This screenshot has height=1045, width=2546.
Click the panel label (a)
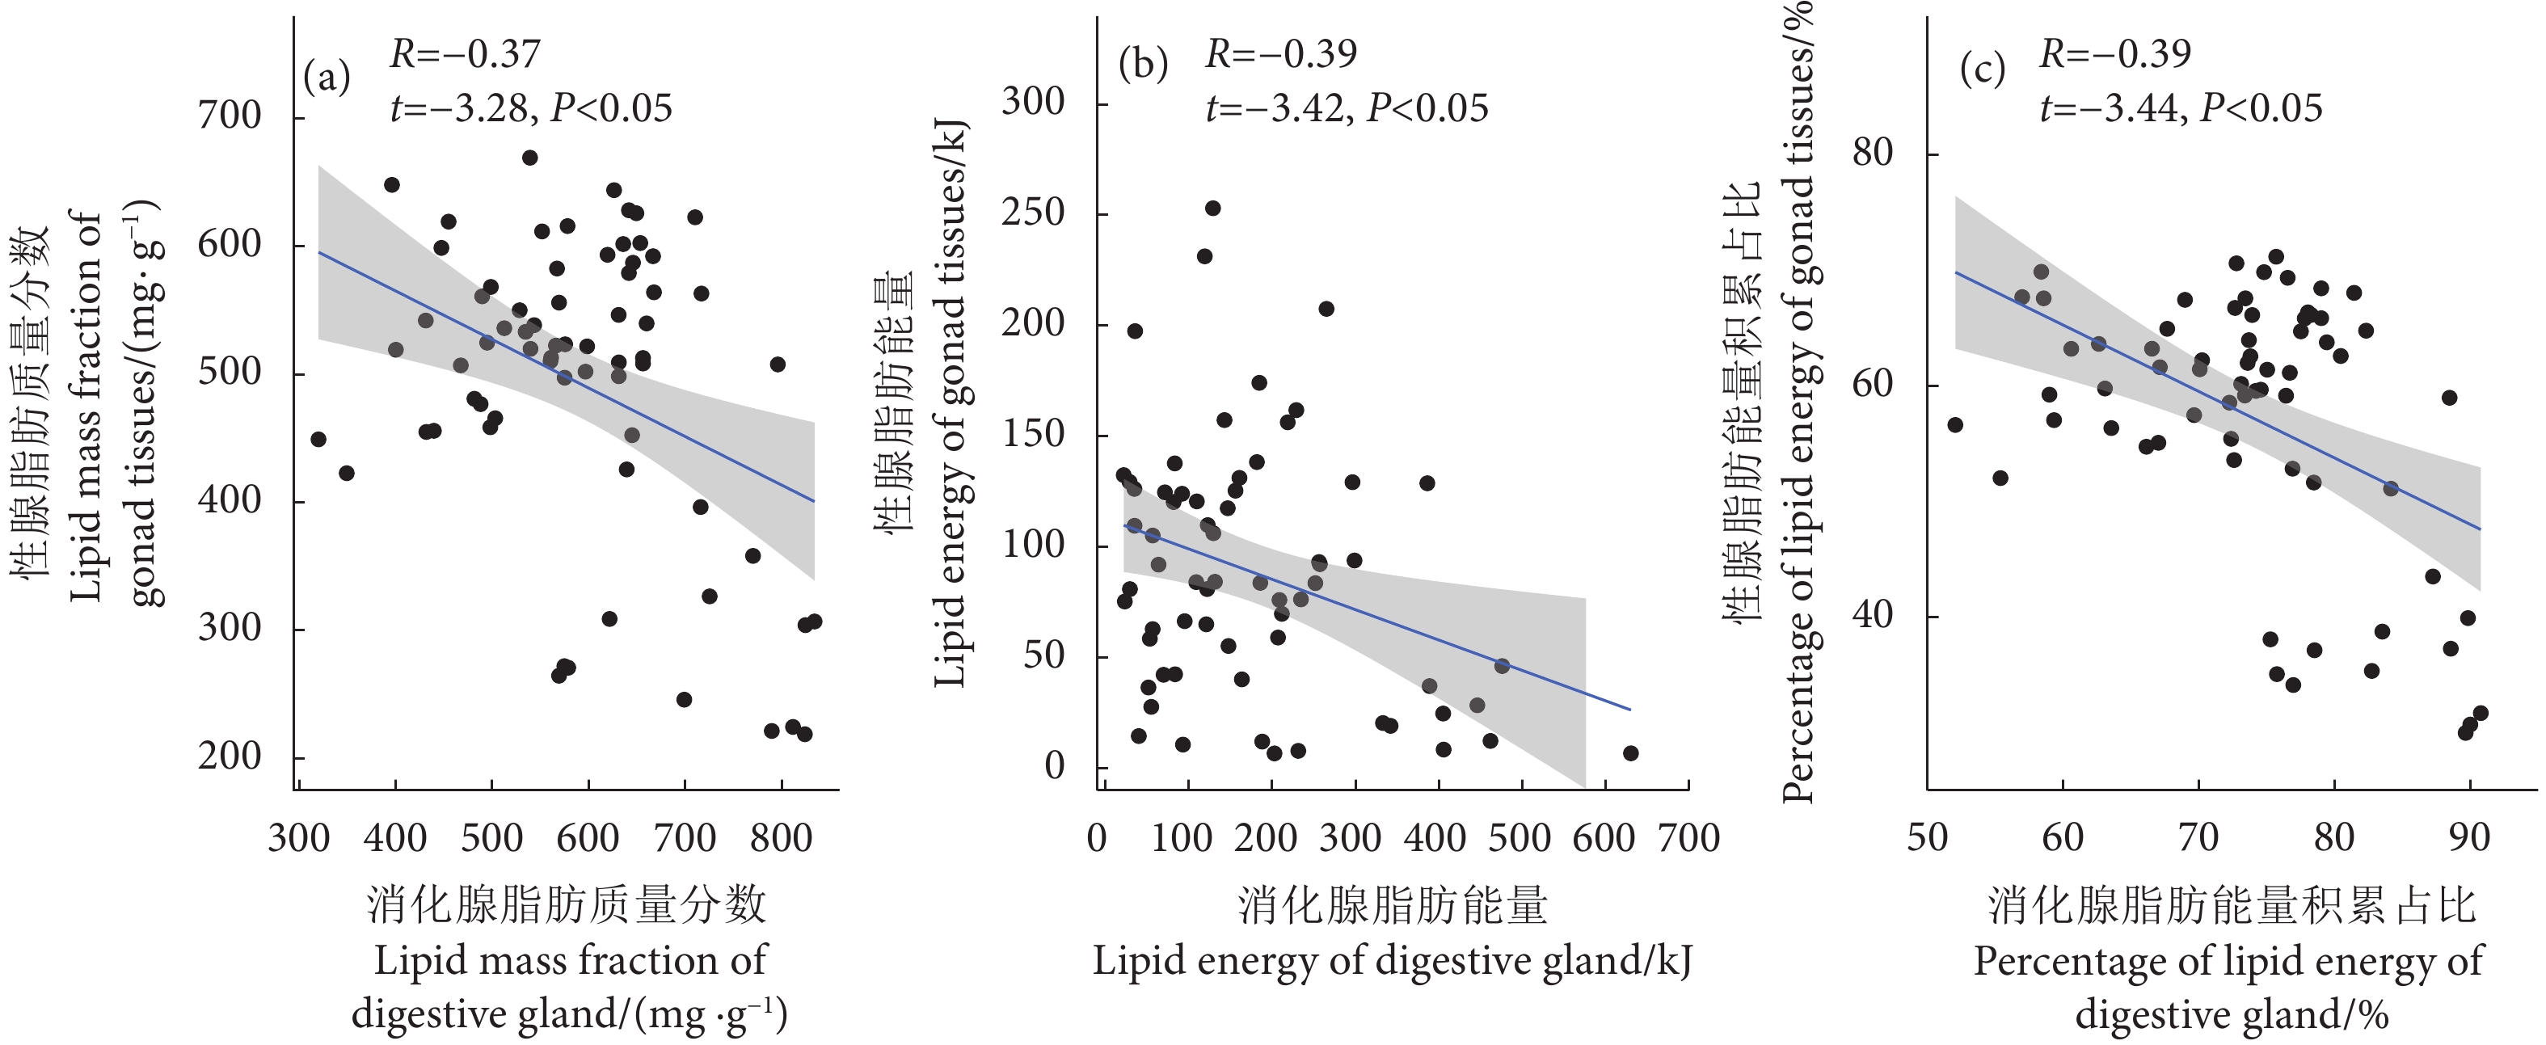coord(327,77)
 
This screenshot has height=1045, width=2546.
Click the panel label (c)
coord(1983,71)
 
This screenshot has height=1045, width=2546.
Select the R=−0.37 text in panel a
coord(466,54)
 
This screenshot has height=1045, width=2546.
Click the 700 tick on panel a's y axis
coord(230,116)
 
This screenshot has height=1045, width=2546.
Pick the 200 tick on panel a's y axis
coord(230,757)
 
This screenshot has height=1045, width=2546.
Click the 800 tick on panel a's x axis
coord(781,838)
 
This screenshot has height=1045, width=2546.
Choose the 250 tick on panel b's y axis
coord(1034,213)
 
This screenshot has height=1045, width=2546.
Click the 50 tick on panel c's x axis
coord(1928,838)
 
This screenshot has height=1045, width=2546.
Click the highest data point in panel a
coord(529,158)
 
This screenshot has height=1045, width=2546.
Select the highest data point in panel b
coord(1212,208)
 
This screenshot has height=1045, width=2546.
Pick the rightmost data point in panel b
coord(1631,753)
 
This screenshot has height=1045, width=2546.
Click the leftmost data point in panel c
coord(1955,425)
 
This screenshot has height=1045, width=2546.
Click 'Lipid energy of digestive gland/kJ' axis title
coord(1392,962)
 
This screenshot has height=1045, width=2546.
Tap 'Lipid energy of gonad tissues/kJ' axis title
coord(951,406)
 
